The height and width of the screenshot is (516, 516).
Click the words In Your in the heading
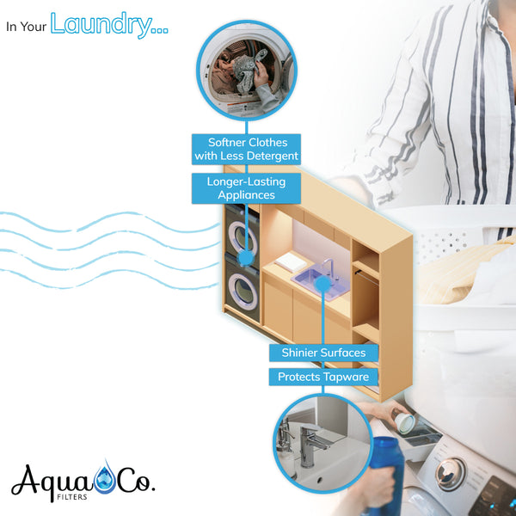pos(27,27)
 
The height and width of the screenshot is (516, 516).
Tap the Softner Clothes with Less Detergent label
pos(246,149)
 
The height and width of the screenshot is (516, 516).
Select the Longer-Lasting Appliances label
pos(246,188)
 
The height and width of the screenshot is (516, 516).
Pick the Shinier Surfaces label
pos(323,353)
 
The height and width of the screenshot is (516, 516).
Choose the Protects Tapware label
pos(323,377)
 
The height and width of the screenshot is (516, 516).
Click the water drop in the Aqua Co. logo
pos(105,477)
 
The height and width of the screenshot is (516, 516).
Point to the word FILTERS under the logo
pos(72,497)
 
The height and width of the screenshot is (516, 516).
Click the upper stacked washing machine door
pos(243,237)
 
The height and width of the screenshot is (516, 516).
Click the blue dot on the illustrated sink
pos(322,284)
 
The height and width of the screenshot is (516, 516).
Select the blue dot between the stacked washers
pos(245,258)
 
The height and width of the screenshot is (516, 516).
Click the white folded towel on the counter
pos(292,261)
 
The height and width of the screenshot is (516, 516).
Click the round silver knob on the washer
pos(450,474)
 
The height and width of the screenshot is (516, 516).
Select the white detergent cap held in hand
pos(405,422)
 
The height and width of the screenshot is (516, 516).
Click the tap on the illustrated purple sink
pos(328,267)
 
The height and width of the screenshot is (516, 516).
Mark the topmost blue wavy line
pos(109,222)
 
